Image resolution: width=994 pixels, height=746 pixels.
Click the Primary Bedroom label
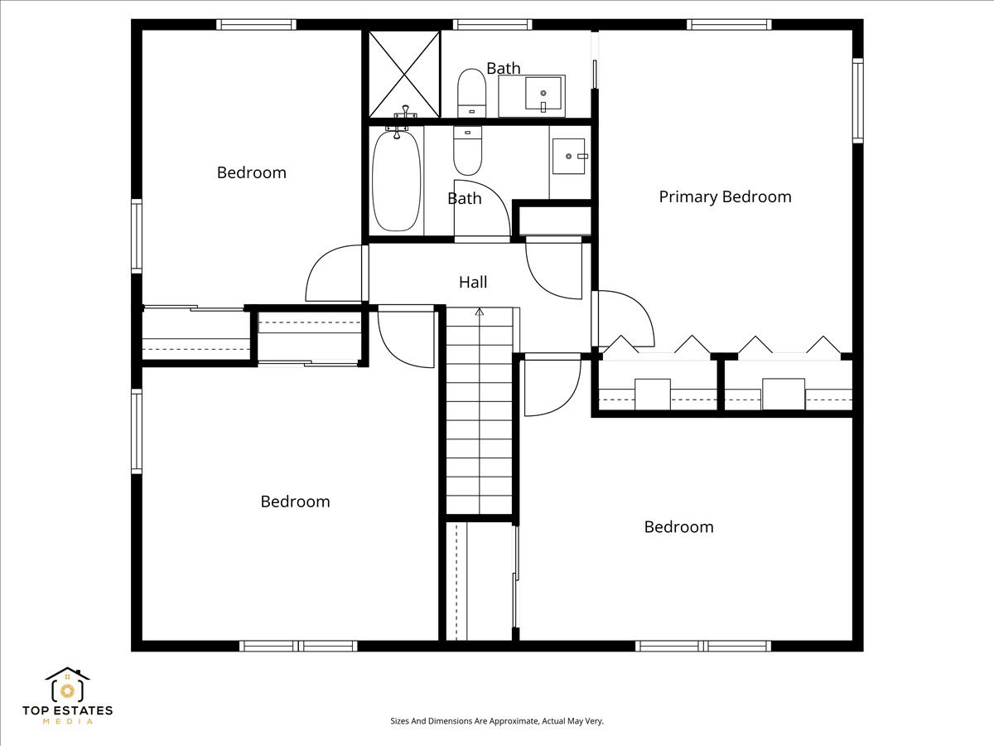click(725, 196)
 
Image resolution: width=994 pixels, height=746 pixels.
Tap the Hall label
click(473, 282)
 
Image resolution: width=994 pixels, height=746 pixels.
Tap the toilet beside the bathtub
click(467, 149)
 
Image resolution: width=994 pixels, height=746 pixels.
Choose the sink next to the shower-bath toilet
click(532, 95)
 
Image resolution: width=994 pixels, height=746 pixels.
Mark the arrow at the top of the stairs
click(479, 312)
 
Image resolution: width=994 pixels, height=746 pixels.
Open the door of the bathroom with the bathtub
click(482, 211)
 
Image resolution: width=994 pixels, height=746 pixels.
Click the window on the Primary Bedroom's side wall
click(857, 101)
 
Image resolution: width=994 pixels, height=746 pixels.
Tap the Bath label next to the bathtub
click(464, 198)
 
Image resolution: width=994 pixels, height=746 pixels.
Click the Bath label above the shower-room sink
click(503, 68)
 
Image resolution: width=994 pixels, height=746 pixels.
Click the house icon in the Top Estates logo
click(67, 685)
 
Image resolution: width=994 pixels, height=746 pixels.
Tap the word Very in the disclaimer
click(595, 721)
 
